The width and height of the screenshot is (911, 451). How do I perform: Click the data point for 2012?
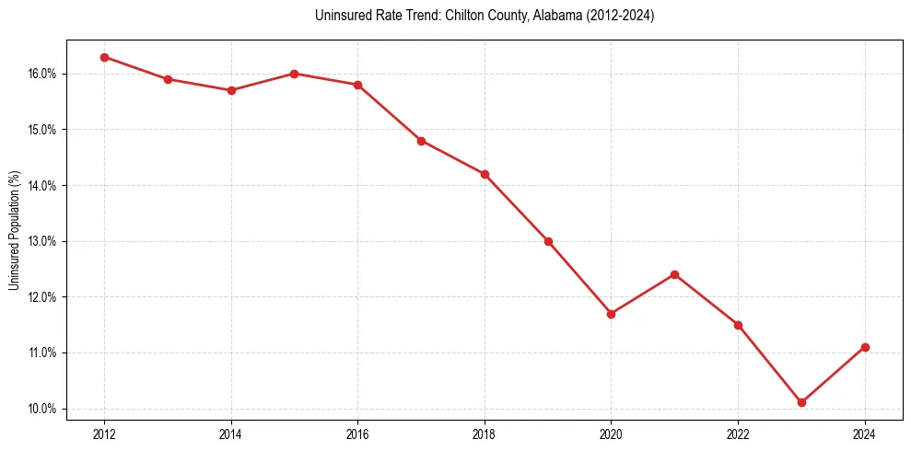pyautogui.click(x=104, y=57)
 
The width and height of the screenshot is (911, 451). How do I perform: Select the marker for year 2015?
pyautogui.click(x=294, y=74)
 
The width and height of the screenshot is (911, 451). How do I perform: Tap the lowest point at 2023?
pyautogui.click(x=801, y=402)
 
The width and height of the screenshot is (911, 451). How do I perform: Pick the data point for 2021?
pyautogui.click(x=674, y=274)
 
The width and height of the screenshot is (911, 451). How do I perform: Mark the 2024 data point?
pyautogui.click(x=865, y=347)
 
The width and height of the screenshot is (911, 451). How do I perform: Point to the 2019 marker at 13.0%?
pyautogui.click(x=548, y=241)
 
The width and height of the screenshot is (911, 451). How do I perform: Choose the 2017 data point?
pyautogui.click(x=421, y=141)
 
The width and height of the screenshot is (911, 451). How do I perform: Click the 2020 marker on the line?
pyautogui.click(x=611, y=314)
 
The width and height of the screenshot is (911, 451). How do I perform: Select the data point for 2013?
pyautogui.click(x=168, y=79)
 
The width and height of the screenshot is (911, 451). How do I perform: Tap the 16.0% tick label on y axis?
pyautogui.click(x=42, y=74)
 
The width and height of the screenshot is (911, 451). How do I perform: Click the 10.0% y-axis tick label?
pyautogui.click(x=42, y=409)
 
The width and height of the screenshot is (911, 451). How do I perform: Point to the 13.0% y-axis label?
pyautogui.click(x=42, y=241)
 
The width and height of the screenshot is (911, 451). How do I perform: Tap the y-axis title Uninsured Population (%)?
pyautogui.click(x=14, y=230)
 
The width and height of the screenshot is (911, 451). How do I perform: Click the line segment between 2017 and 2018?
pyautogui.click(x=452, y=157)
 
